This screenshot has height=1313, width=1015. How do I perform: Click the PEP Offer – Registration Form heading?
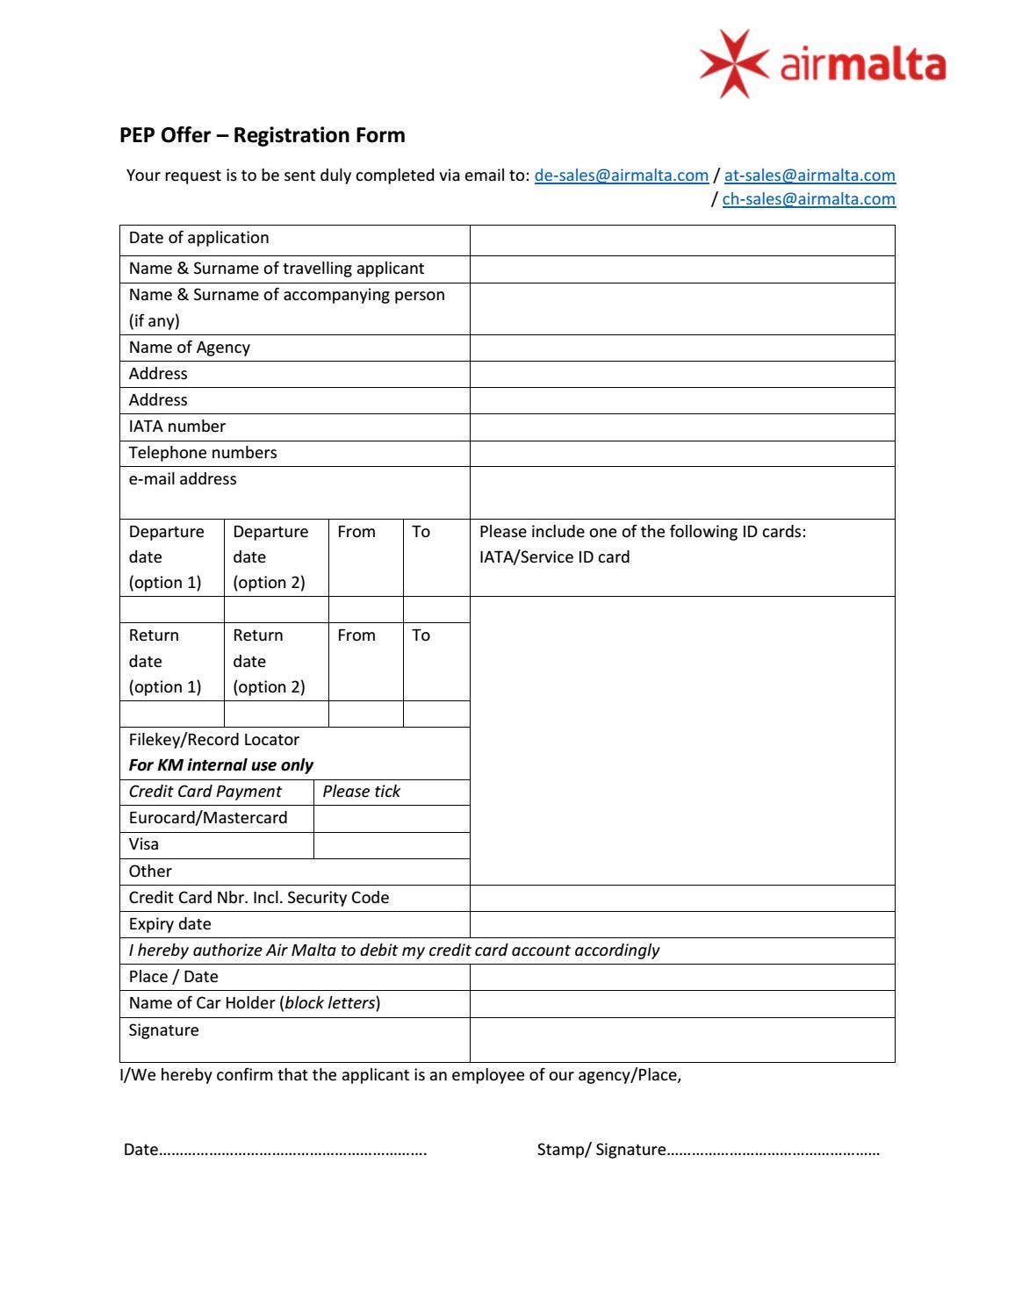pyautogui.click(x=262, y=135)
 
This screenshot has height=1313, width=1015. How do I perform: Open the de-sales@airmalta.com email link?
pyautogui.click(x=621, y=175)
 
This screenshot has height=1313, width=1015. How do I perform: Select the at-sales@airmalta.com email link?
pyautogui.click(x=809, y=175)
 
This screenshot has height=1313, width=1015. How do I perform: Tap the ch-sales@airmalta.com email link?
pyautogui.click(x=808, y=198)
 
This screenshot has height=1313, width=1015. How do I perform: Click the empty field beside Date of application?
pyautogui.click(x=681, y=240)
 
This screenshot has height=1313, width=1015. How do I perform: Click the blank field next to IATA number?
pyautogui.click(x=681, y=427)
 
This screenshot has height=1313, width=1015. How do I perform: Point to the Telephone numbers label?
pyautogui.click(x=203, y=452)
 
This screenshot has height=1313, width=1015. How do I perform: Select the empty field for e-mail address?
pyautogui.click(x=681, y=492)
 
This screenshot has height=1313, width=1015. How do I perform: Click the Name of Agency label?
pyautogui.click(x=189, y=347)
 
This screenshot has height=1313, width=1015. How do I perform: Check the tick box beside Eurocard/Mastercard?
pyautogui.click(x=391, y=818)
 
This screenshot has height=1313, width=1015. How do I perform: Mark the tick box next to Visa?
pyautogui.click(x=391, y=844)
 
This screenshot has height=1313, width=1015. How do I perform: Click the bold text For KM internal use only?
pyautogui.click(x=220, y=764)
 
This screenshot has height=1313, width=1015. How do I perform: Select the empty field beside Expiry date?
pyautogui.click(x=681, y=924)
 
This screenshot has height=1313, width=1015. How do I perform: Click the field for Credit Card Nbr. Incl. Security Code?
pyautogui.click(x=681, y=898)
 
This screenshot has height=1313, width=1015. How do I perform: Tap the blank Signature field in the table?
pyautogui.click(x=681, y=1039)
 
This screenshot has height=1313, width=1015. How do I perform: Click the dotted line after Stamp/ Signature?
pyautogui.click(x=773, y=1151)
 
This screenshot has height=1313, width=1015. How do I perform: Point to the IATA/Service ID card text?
pyautogui.click(x=554, y=556)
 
